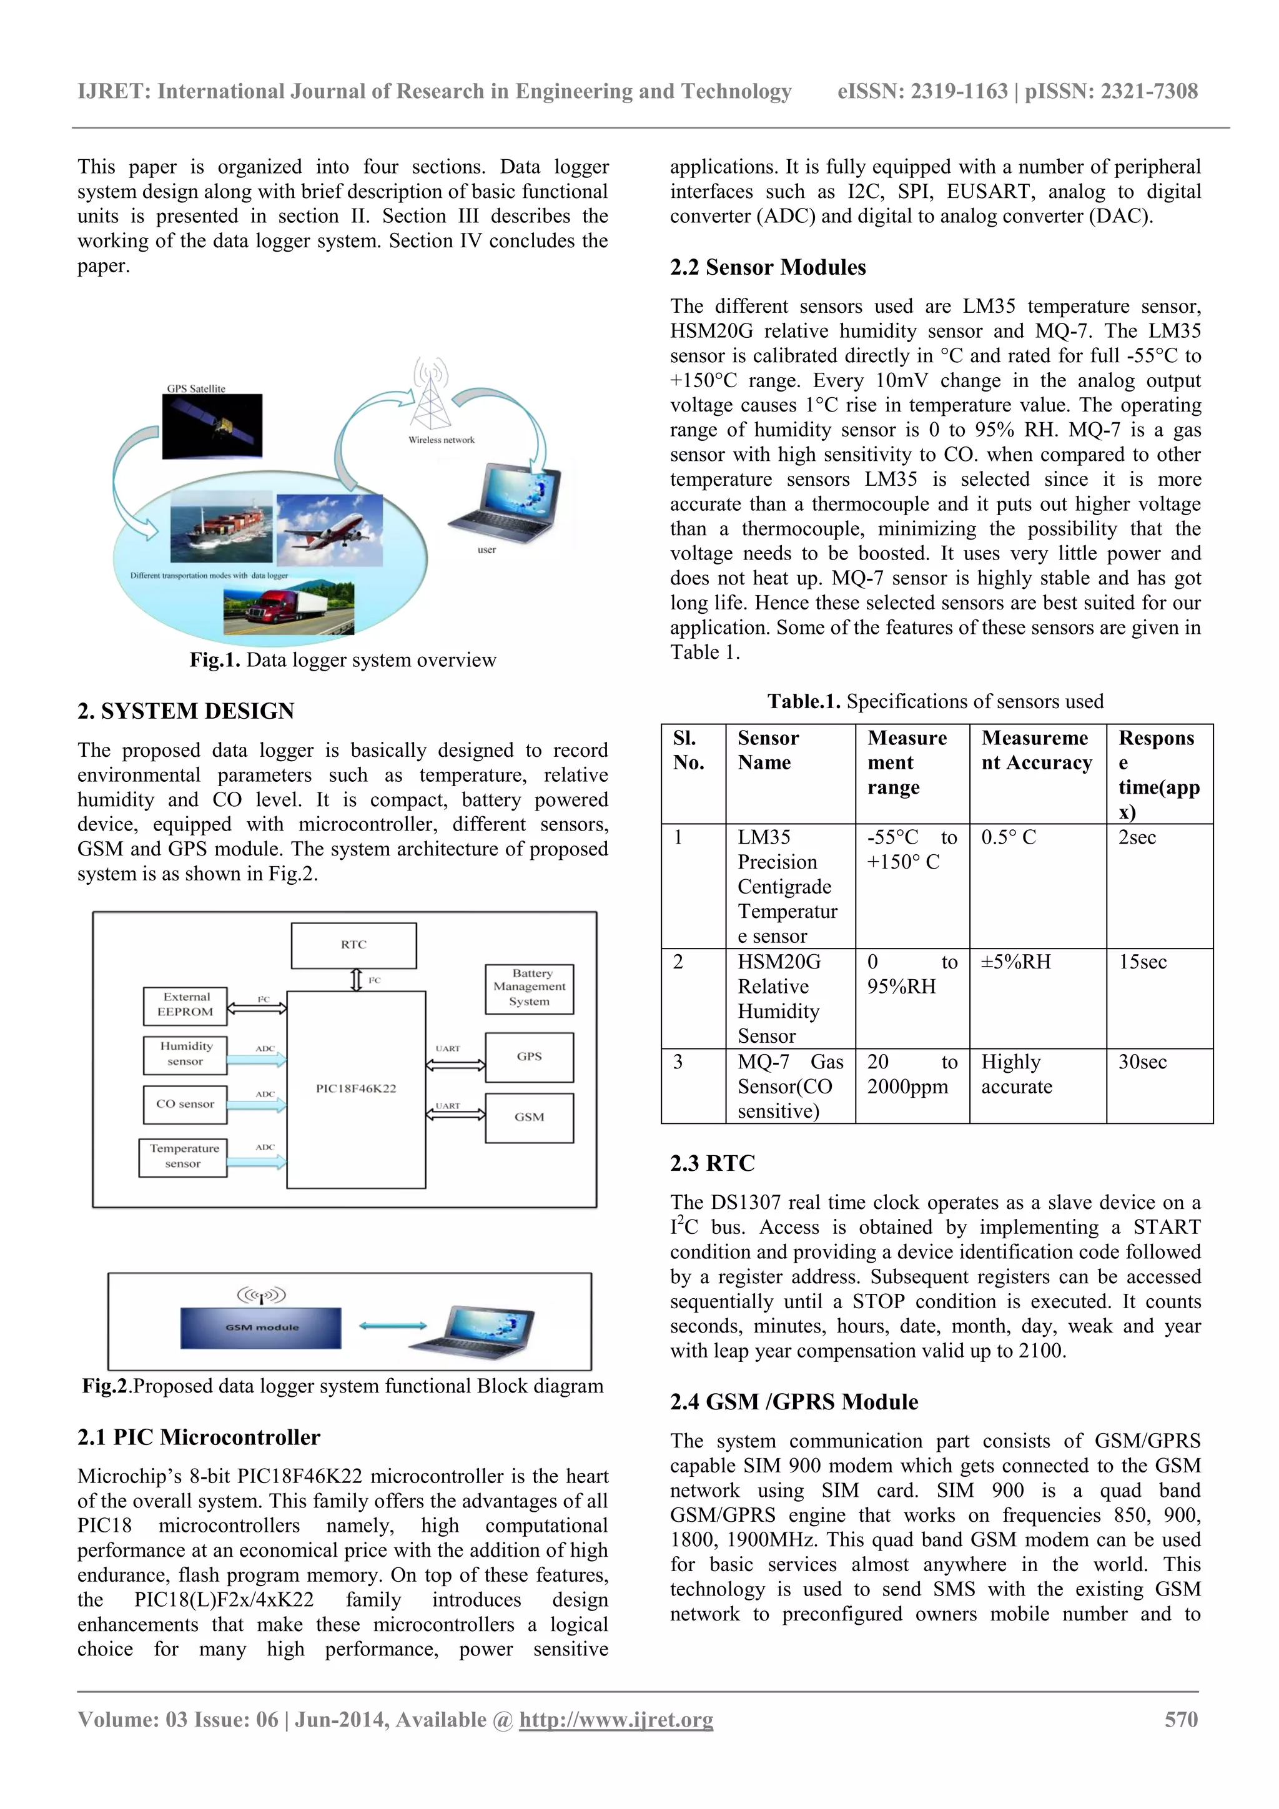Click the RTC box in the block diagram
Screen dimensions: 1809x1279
click(x=354, y=945)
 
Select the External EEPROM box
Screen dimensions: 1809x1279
click(x=185, y=1005)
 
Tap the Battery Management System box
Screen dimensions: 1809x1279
click(x=529, y=988)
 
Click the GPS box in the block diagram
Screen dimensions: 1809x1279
click(x=529, y=1057)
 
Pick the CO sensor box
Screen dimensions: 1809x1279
click(x=185, y=1104)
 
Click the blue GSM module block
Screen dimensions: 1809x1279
click(x=262, y=1328)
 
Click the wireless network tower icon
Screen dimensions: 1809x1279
click(x=431, y=394)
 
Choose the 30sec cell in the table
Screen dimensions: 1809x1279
click(x=1143, y=1062)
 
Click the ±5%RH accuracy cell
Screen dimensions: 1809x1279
click(x=1016, y=962)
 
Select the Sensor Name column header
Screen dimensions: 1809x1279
click(x=768, y=750)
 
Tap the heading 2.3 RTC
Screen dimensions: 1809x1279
click(x=713, y=1163)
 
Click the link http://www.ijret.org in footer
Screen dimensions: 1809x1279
click(x=616, y=1719)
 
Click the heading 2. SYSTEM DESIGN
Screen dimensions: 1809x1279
click(x=186, y=711)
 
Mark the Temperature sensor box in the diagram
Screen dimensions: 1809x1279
click(x=184, y=1156)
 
